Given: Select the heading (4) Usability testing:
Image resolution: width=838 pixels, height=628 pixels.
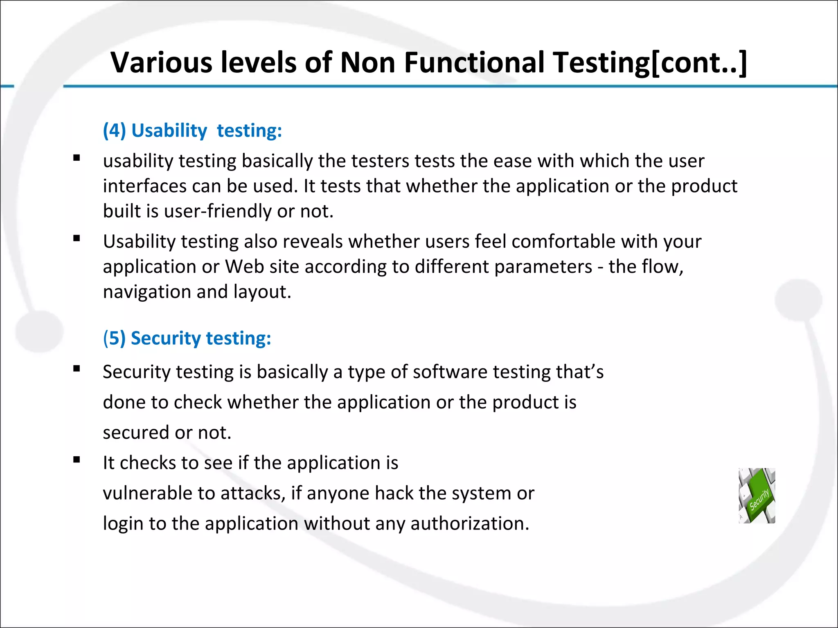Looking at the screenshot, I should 192,130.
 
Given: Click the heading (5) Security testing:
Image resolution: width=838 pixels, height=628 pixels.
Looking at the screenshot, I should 187,338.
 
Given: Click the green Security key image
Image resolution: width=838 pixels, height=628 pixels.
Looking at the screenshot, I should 757,496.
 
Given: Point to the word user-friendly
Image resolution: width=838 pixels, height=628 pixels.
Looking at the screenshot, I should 218,211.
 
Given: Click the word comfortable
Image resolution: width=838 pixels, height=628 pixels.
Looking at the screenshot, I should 563,241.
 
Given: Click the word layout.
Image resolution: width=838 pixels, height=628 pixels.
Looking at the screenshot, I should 262,292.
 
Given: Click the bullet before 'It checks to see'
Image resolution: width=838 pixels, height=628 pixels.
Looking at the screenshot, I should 77,460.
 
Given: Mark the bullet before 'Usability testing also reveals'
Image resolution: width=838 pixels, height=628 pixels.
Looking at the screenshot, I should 77,238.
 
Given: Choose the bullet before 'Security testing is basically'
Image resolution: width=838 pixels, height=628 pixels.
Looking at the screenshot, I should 77,369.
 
